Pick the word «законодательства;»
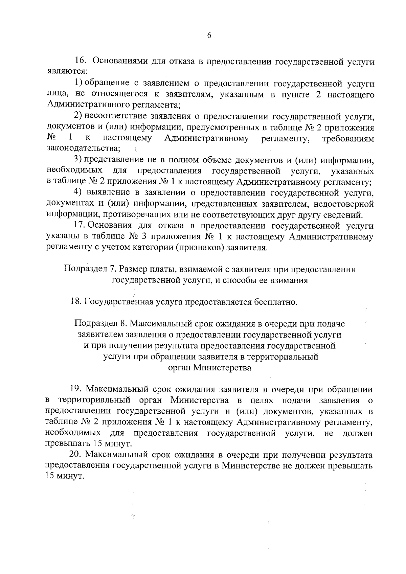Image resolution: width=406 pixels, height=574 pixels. pyautogui.click(x=83, y=148)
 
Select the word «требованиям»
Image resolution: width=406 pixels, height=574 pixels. pyautogui.click(x=348, y=138)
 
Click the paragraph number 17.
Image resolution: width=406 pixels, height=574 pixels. pyautogui.click(x=80, y=226)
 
